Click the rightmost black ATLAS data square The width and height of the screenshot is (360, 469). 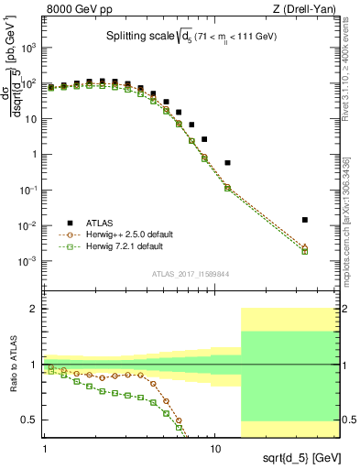[x=305, y=220]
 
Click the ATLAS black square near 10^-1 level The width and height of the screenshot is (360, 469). [x=227, y=162]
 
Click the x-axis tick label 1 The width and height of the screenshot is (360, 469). [x=44, y=438]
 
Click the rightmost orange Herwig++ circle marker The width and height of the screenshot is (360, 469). [x=305, y=246]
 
